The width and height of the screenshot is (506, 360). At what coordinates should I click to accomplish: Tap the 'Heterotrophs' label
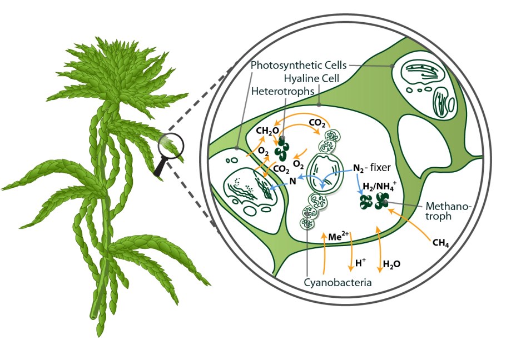tap(282, 91)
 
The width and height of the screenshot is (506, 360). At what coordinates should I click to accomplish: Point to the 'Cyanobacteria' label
tap(338, 282)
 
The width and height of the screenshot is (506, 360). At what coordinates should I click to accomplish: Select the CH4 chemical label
tap(440, 242)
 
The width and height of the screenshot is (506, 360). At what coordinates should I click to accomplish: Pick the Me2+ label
tap(339, 237)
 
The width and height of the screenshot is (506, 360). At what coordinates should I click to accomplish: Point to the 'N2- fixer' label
tap(372, 168)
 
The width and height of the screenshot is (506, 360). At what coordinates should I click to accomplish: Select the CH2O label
tap(267, 131)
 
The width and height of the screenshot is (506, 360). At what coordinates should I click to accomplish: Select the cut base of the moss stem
tap(93, 317)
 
